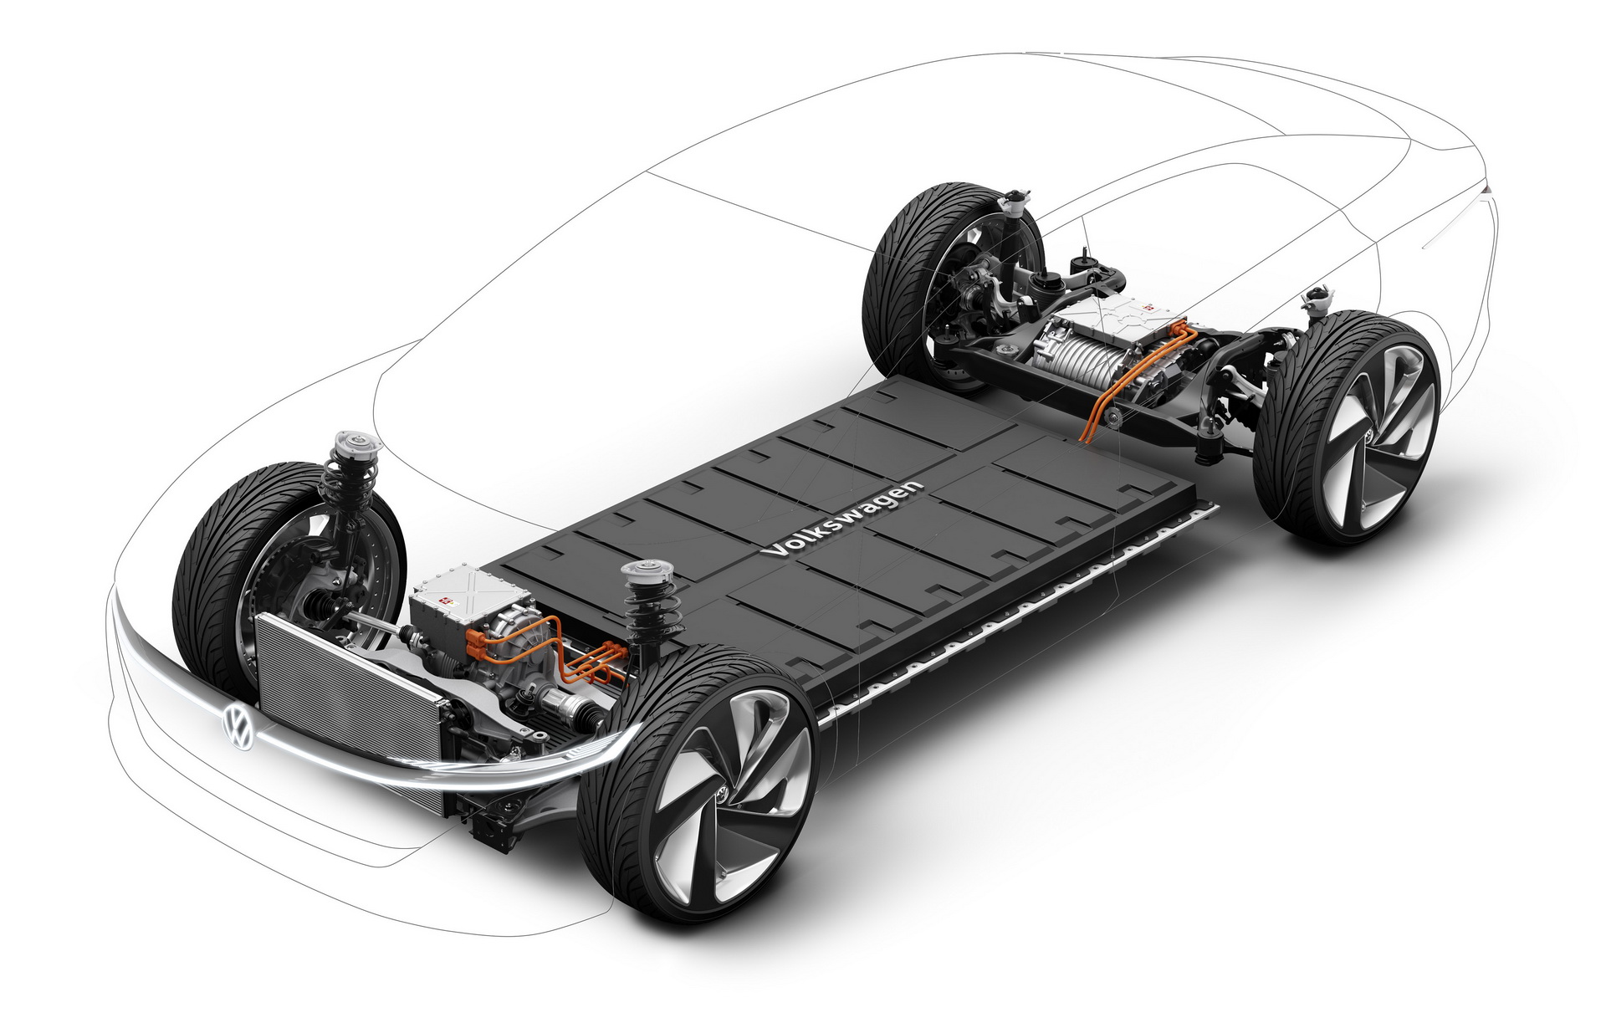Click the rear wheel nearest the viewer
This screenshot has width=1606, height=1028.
tap(1350, 427)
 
